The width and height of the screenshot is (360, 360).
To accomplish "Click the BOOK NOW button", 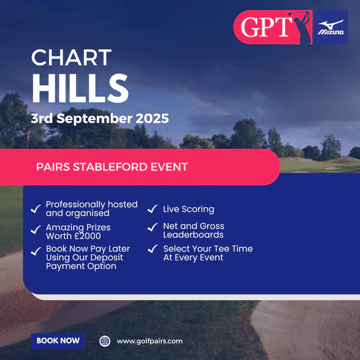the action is [x=58, y=341].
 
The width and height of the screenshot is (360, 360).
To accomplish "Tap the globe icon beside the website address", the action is [x=105, y=341].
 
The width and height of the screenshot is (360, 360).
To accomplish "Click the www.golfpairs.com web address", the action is [x=149, y=341].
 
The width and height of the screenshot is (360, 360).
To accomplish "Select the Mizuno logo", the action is [x=331, y=27].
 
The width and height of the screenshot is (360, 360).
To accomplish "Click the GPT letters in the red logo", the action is [x=266, y=27].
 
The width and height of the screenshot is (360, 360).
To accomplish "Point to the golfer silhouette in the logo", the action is [x=301, y=27].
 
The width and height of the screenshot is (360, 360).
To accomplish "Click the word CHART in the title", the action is [x=71, y=58].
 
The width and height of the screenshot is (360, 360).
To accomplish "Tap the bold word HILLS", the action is [x=80, y=88].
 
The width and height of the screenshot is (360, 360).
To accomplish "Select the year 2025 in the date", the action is [x=152, y=118].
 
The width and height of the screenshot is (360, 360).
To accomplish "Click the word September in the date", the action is [x=94, y=119].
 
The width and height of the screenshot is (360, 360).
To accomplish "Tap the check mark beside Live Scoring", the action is [x=152, y=209].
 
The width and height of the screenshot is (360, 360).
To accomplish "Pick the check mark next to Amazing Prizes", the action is [x=36, y=230].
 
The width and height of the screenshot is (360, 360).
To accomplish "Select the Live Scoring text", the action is [x=189, y=209].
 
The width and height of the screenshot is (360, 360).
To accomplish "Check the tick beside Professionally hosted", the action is [x=36, y=209].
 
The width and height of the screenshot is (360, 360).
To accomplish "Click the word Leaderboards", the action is [x=193, y=235].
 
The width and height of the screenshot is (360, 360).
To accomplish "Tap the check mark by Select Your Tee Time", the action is [x=152, y=248].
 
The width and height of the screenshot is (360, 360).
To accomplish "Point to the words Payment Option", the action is [x=81, y=266].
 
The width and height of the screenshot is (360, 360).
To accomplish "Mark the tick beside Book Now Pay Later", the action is [x=36, y=251].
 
